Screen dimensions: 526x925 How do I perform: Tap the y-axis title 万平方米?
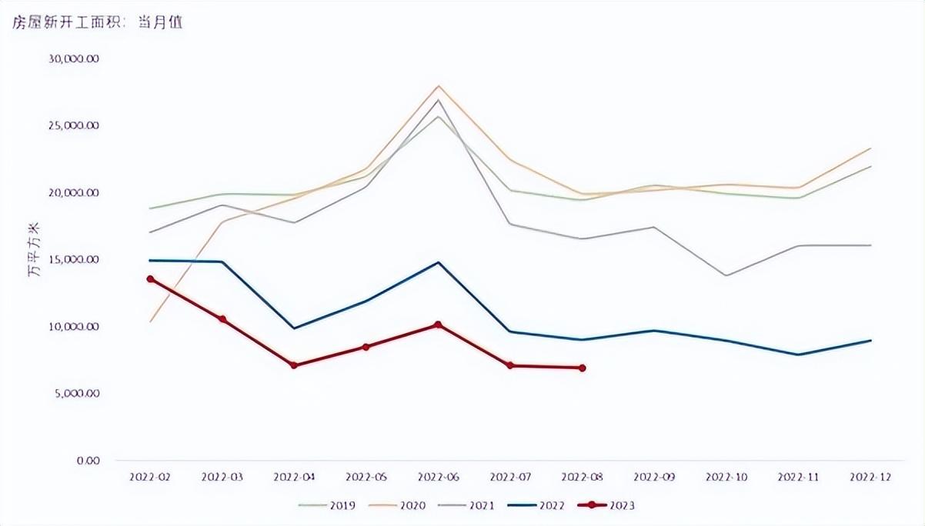pyautogui.click(x=35, y=259)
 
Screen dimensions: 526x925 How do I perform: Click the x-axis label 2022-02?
pyautogui.click(x=150, y=477)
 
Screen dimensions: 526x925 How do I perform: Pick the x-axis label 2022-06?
pyautogui.click(x=438, y=477)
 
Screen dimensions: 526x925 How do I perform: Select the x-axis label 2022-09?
pyautogui.click(x=654, y=477)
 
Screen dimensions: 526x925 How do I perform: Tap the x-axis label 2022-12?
pyautogui.click(x=871, y=477)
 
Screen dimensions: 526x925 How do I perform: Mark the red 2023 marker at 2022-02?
pyautogui.click(x=151, y=279)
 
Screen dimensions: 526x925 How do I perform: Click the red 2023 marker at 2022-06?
pyautogui.click(x=438, y=325)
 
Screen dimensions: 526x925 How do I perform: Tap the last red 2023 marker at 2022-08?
pyautogui.click(x=583, y=368)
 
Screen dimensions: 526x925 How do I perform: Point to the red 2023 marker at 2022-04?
pyautogui.click(x=294, y=365)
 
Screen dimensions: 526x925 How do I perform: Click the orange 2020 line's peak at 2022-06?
pyautogui.click(x=438, y=86)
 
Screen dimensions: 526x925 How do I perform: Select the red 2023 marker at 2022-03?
pyautogui.click(x=222, y=319)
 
